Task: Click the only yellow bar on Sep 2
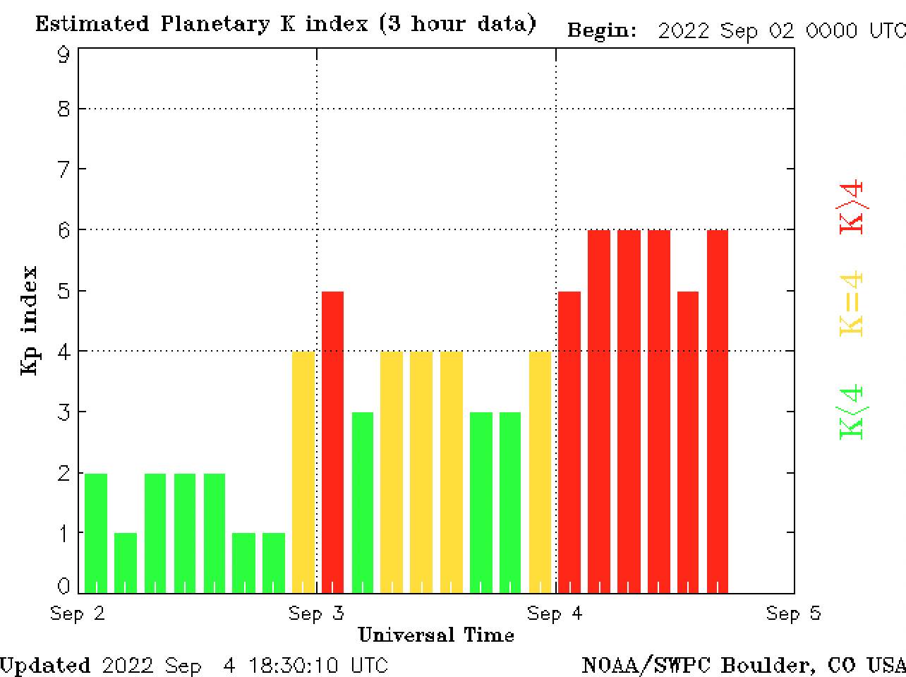pyautogui.click(x=303, y=472)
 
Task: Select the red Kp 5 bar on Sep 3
pyautogui.click(x=333, y=441)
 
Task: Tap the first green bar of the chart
pyautogui.click(x=96, y=533)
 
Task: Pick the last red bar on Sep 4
pyautogui.click(x=718, y=411)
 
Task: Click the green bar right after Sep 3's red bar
pyautogui.click(x=363, y=502)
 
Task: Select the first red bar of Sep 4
pyautogui.click(x=569, y=441)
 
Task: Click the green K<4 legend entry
pyautogui.click(x=852, y=412)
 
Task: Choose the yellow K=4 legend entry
pyautogui.click(x=852, y=304)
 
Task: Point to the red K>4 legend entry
pyautogui.click(x=852, y=207)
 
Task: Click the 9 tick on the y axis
pyautogui.click(x=64, y=54)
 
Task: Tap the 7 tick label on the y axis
pyautogui.click(x=64, y=169)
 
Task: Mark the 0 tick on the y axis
pyautogui.click(x=64, y=585)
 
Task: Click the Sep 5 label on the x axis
pyautogui.click(x=794, y=613)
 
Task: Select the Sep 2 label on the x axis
pyautogui.click(x=78, y=613)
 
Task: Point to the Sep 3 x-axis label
pyautogui.click(x=316, y=613)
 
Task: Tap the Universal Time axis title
pyautogui.click(x=436, y=635)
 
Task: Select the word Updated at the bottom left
pyautogui.click(x=45, y=665)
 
